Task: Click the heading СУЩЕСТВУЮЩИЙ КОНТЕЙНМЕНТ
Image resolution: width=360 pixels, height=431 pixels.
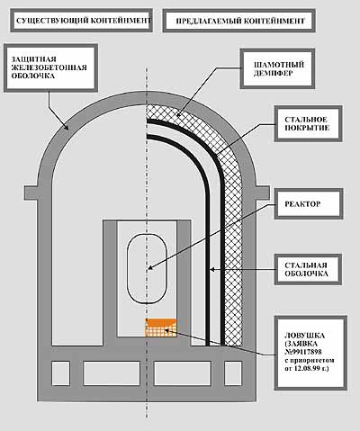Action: click(83, 21)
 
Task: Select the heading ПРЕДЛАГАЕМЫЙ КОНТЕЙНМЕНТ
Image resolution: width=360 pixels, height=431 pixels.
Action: click(240, 22)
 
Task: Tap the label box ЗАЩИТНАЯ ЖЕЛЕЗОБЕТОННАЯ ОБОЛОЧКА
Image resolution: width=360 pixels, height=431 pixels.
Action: click(51, 68)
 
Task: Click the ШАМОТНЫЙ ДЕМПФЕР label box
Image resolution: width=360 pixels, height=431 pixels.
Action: click(277, 69)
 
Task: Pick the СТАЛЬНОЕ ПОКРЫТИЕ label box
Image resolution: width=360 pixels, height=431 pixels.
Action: click(308, 123)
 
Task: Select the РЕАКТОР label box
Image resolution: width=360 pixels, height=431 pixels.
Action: click(309, 204)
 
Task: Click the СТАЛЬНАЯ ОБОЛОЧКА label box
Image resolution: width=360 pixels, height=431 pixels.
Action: click(308, 269)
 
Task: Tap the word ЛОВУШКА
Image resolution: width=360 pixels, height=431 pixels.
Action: click(304, 336)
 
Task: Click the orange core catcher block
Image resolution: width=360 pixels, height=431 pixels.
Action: click(161, 328)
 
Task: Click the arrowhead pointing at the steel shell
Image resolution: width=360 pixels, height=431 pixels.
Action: click(212, 270)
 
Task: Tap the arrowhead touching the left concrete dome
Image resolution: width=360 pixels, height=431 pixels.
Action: click(67, 127)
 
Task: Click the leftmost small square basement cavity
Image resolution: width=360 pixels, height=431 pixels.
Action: click(61, 373)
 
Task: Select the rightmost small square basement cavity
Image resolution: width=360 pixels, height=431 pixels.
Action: click(233, 373)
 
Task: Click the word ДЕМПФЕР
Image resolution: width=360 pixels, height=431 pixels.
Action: click(274, 73)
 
